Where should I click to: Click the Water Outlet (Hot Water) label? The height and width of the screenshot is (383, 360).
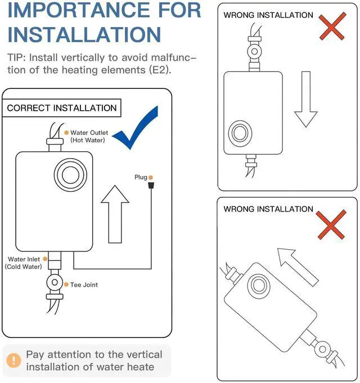point(88,136)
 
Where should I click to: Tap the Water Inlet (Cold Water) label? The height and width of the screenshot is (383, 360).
point(24,263)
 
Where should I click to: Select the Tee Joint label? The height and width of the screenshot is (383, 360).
point(83,285)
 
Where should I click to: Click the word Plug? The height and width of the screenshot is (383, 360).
point(140,177)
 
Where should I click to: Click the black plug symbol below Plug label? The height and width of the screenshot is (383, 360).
point(151,186)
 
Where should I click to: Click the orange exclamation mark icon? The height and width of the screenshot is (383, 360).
point(12,360)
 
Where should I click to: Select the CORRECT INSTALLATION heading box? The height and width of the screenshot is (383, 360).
point(62,108)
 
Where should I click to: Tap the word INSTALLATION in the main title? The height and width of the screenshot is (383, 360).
point(84,34)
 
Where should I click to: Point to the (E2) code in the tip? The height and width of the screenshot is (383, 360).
point(160,70)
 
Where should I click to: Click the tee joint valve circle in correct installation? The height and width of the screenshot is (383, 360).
point(55,282)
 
